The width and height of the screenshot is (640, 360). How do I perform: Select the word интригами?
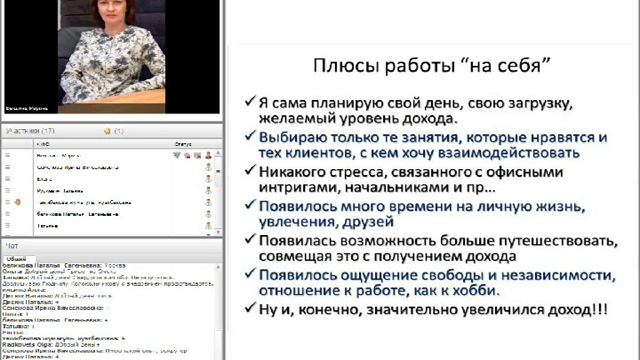click(x=292, y=189)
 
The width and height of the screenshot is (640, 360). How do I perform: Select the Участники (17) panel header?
click(x=30, y=131)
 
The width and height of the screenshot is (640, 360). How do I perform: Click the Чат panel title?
click(x=12, y=244)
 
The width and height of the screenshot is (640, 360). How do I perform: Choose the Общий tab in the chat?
click(x=17, y=258)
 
